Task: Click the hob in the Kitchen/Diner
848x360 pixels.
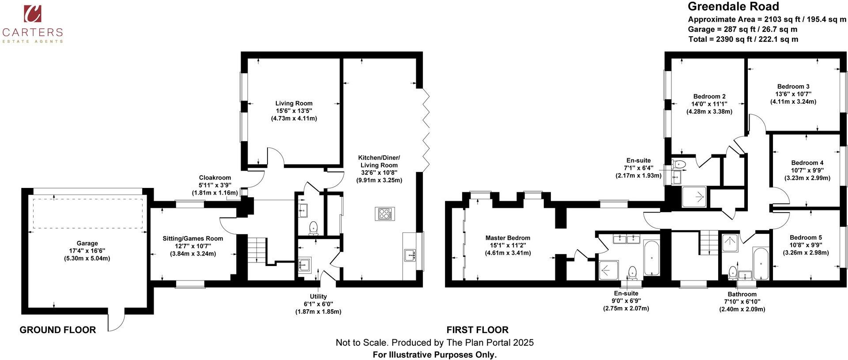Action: point(384,214)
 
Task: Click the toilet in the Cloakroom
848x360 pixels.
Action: point(313,227)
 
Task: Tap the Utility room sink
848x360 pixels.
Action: point(305,264)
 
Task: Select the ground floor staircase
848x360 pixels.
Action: point(257,250)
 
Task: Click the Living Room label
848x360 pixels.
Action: point(294,103)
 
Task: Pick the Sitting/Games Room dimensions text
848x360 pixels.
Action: point(192,250)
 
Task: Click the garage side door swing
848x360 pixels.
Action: point(117,322)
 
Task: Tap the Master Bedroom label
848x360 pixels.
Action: point(508,238)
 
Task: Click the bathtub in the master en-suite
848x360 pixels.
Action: point(651,258)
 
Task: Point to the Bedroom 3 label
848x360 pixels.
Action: point(793,86)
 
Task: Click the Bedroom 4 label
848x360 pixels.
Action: point(807,163)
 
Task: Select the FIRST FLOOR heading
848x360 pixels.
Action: point(477,330)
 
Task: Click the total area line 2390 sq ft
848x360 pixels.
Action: point(743,39)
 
